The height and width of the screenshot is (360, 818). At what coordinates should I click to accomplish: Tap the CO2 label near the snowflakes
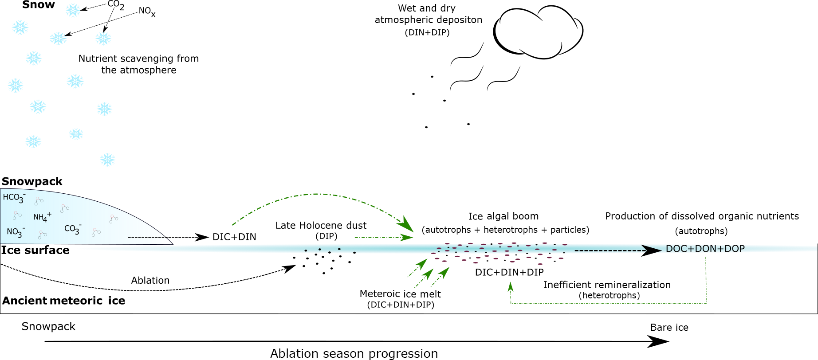tap(116, 5)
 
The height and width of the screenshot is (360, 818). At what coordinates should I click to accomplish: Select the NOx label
tap(147, 12)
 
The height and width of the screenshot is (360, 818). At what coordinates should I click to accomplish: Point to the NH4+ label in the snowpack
tap(42, 217)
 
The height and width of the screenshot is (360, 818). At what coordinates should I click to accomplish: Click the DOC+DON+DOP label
tap(705, 249)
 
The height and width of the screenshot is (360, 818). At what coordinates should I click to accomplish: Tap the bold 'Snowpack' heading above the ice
tap(32, 181)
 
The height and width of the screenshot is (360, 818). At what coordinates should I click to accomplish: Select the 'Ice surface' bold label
tap(35, 250)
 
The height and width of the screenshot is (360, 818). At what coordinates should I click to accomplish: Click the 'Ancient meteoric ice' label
tap(64, 301)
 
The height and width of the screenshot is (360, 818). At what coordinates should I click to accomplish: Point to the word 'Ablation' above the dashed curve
tap(150, 280)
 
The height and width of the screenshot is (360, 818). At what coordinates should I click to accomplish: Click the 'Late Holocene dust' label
tap(321, 225)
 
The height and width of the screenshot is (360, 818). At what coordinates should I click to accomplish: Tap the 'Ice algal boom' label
tap(503, 216)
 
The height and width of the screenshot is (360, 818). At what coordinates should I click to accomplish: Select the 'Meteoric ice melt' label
tap(400, 294)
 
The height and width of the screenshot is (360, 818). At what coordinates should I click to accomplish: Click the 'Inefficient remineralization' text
tap(607, 285)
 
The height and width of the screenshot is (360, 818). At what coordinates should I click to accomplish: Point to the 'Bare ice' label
tap(669, 327)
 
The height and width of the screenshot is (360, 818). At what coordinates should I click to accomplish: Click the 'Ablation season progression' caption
tap(354, 353)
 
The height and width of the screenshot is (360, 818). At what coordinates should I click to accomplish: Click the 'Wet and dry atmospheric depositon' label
tap(428, 14)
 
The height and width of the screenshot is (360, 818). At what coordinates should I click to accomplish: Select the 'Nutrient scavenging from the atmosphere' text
tap(138, 64)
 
